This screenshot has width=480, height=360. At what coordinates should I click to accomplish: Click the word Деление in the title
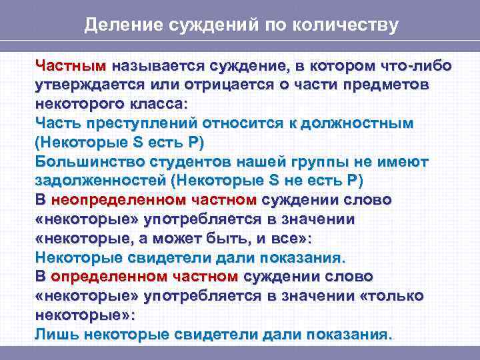(114, 26)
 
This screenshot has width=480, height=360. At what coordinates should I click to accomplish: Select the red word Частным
(71, 67)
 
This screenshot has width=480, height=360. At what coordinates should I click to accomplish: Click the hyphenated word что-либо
(415, 67)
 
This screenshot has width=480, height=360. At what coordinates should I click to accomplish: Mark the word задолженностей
(100, 181)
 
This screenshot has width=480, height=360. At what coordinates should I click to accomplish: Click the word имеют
(404, 162)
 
